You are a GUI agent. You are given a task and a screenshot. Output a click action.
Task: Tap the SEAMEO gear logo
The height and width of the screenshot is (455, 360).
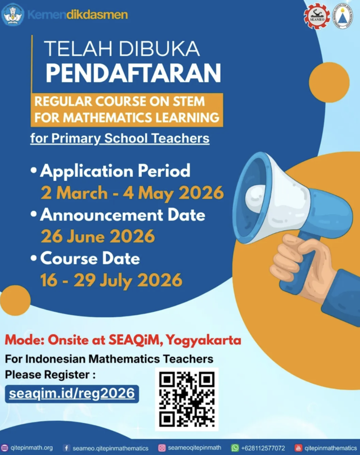(x=317, y=16)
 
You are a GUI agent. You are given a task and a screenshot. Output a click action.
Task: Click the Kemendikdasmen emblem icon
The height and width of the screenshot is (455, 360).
(x=12, y=15)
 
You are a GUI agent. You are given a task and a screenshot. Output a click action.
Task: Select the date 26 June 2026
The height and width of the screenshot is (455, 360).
(x=98, y=236)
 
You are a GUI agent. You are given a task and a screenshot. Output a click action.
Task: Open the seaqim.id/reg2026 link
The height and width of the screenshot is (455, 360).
(x=72, y=394)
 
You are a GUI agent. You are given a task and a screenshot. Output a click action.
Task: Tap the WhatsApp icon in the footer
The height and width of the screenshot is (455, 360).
(x=235, y=448)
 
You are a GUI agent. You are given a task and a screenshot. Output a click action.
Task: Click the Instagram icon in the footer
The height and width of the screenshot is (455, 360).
(x=162, y=448)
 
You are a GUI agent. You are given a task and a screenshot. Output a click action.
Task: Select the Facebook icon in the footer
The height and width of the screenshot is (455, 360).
(x=67, y=448)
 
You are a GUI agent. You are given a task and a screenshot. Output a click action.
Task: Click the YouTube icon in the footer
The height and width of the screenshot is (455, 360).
(x=298, y=448)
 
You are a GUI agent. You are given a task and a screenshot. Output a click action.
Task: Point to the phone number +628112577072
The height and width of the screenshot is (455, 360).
(x=263, y=448)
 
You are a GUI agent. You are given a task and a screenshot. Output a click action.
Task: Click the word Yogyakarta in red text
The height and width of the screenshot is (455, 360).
(x=204, y=340)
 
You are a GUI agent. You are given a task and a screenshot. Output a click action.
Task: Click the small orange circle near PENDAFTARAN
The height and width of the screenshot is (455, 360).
(x=329, y=82)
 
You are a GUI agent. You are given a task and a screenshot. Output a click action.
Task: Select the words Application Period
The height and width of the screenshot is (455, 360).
(x=115, y=171)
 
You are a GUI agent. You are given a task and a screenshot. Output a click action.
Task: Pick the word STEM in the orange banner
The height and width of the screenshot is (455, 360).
(x=189, y=102)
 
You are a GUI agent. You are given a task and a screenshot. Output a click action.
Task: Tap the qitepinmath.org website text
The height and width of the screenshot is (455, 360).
(x=32, y=448)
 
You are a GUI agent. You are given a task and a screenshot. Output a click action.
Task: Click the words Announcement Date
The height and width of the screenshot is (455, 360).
(x=123, y=215)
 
